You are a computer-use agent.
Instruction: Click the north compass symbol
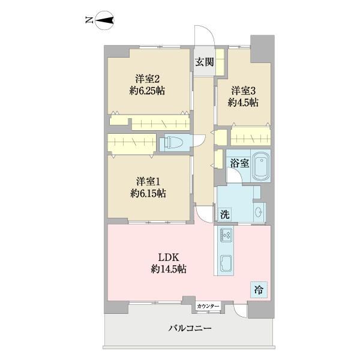(104, 20)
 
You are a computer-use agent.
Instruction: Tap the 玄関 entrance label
(205, 62)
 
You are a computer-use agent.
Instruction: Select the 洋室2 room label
(148, 79)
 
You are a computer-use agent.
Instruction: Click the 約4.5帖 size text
(243, 103)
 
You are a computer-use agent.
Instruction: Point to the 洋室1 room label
(148, 182)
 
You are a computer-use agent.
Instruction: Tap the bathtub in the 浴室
(261, 166)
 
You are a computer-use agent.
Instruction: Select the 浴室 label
(239, 163)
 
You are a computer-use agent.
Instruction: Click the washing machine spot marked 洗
(225, 215)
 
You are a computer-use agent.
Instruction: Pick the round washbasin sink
(259, 212)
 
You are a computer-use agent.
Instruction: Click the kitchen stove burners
(226, 235)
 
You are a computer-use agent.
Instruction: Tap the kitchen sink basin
(226, 263)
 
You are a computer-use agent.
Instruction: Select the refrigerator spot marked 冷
(259, 290)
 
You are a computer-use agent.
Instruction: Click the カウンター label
(208, 306)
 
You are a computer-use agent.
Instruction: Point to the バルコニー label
(190, 328)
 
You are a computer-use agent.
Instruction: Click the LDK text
(169, 257)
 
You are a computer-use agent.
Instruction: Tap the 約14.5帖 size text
(169, 269)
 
